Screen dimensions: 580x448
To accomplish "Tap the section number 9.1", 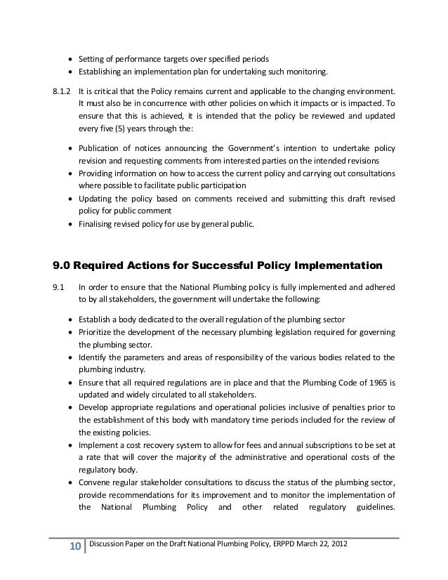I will [x=58, y=286].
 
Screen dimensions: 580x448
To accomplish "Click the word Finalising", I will [x=98, y=225].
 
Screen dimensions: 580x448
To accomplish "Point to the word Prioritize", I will [x=98, y=332].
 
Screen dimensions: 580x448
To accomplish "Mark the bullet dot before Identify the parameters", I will [x=72, y=357].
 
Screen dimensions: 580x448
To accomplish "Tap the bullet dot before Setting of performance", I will [x=72, y=58].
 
